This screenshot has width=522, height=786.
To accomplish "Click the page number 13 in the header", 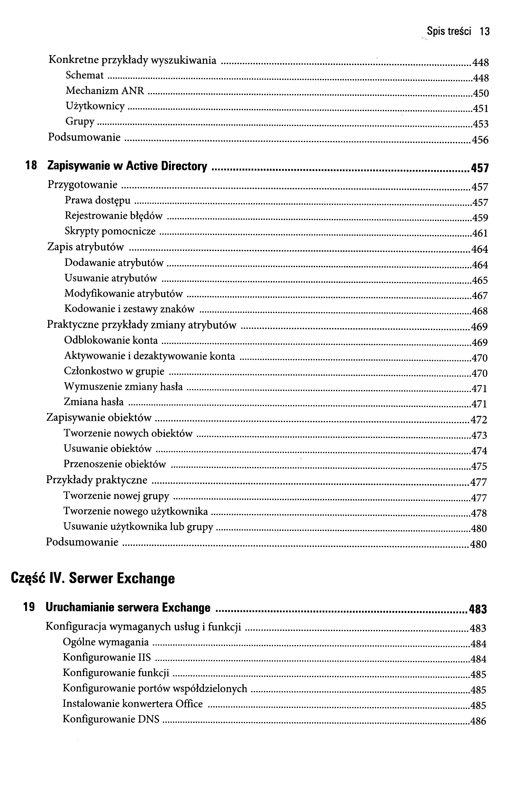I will coord(485,32).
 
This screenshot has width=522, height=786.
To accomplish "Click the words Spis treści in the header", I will coord(449,32).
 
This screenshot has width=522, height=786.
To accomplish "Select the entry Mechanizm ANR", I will coord(105,91).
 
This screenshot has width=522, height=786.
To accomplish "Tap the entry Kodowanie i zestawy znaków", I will coord(129,309).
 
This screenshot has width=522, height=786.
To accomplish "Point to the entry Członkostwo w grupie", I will coord(114,371).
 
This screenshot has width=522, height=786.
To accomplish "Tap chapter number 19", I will coord(29,608).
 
